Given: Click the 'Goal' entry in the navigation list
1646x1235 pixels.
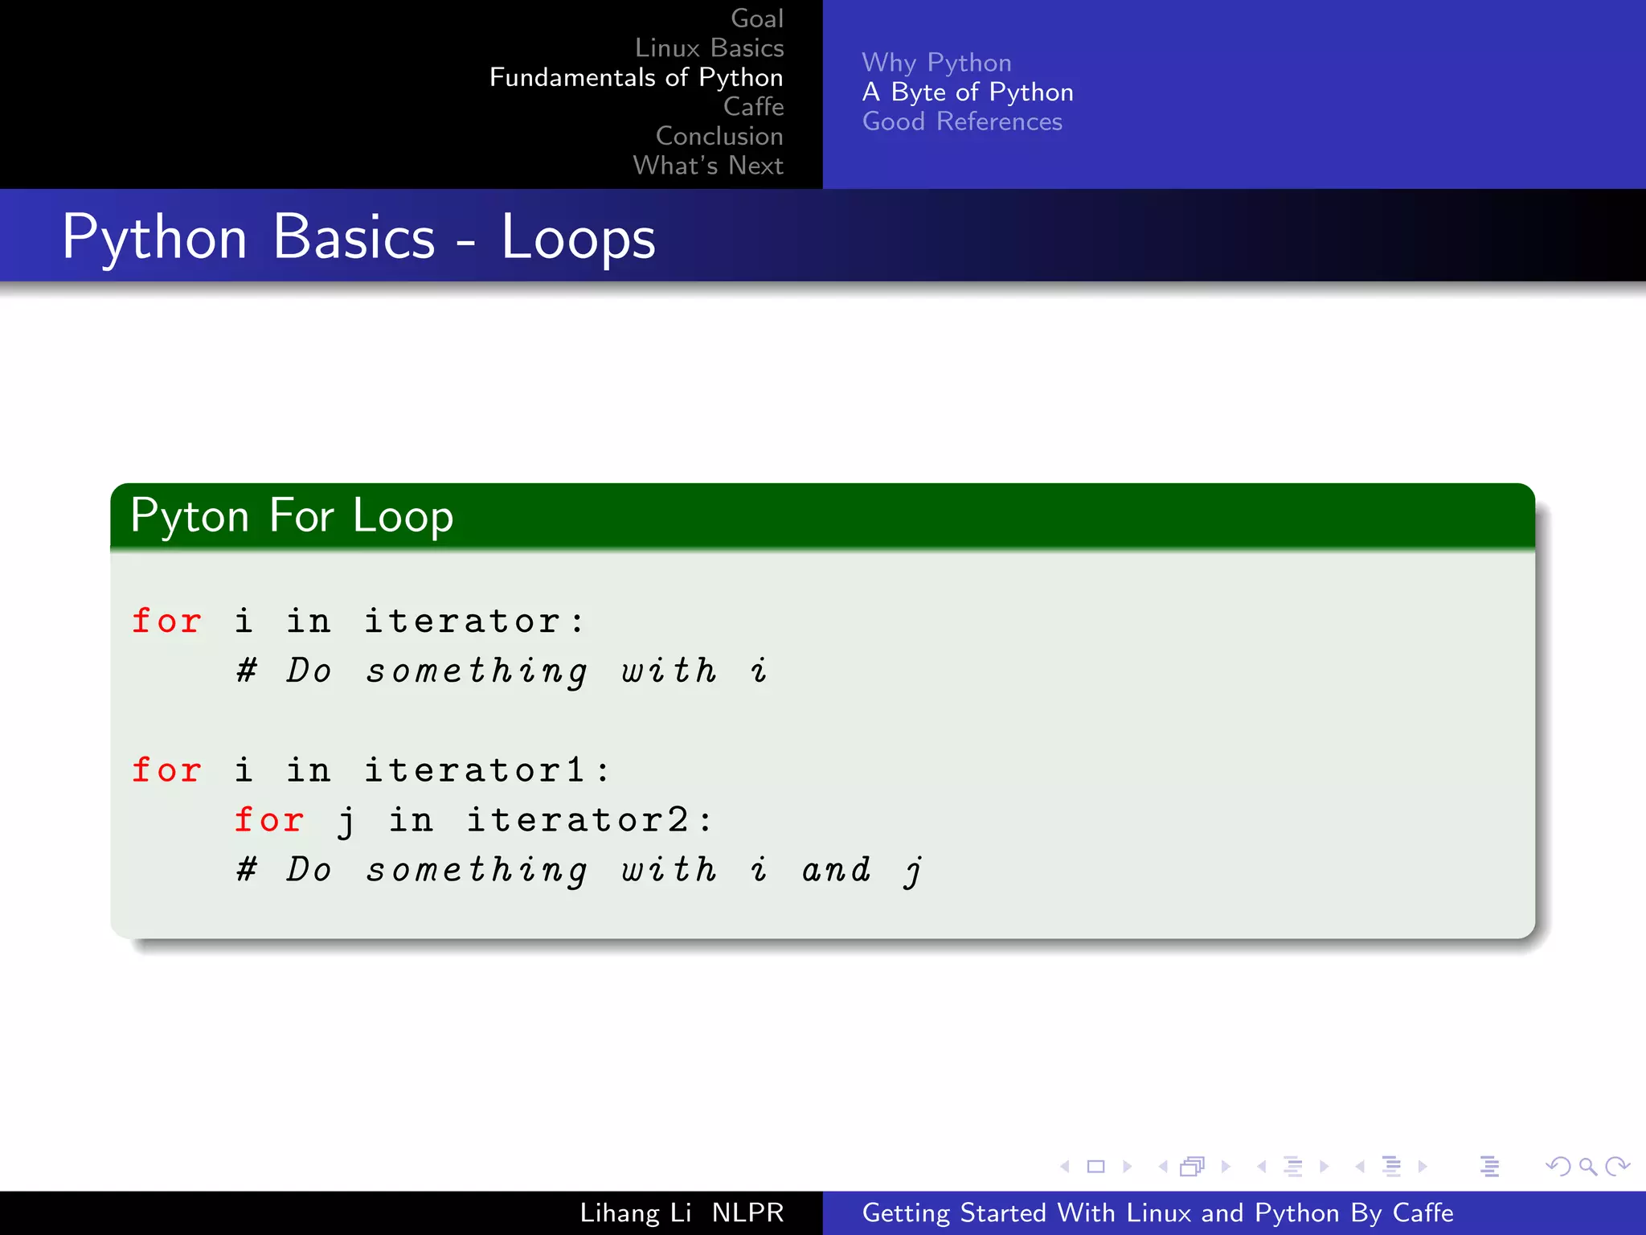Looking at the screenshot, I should [x=756, y=18].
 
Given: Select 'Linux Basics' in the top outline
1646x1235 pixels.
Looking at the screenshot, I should [x=709, y=48].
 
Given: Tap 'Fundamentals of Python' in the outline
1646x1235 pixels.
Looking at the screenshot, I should [x=636, y=77].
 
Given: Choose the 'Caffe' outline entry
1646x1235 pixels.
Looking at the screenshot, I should [x=753, y=106].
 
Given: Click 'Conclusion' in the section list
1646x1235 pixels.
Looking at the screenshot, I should [x=719, y=136].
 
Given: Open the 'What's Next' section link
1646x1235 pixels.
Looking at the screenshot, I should [x=708, y=166].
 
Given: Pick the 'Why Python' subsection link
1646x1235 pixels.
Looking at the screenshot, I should [x=936, y=63].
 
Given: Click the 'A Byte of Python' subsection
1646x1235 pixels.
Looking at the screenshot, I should [x=968, y=92].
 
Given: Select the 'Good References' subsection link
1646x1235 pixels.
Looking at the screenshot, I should [x=962, y=121].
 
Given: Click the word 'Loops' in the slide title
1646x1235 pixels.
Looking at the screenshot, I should [x=578, y=239].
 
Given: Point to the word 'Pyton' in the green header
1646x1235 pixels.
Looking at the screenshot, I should [x=190, y=516].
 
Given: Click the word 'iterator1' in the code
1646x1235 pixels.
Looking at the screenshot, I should [x=474, y=770].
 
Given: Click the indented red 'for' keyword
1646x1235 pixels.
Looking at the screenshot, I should [x=269, y=820].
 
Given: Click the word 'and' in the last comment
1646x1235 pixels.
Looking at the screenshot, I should [x=836, y=870].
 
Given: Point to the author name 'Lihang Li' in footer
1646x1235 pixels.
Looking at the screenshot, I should [x=636, y=1212].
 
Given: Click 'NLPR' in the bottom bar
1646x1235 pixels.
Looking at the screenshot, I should [x=747, y=1212].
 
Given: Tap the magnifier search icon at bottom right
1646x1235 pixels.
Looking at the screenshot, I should [x=1587, y=1167].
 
